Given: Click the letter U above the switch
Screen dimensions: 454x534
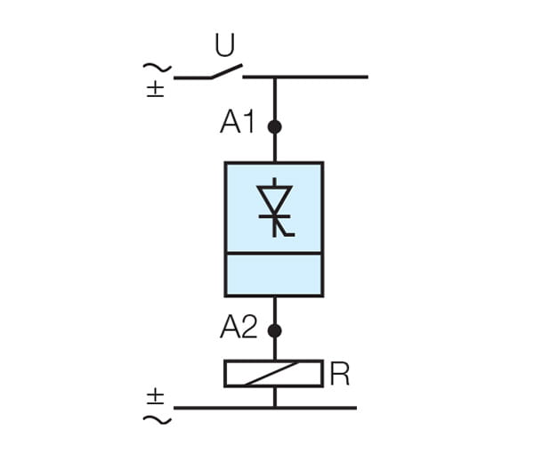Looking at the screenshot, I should (x=224, y=44).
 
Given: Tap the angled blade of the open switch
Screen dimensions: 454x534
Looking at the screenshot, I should (x=226, y=71).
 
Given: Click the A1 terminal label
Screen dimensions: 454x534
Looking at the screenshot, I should (x=238, y=124).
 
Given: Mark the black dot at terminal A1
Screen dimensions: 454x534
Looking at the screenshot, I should (x=274, y=126).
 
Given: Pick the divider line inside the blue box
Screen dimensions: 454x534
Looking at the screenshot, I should (x=274, y=254).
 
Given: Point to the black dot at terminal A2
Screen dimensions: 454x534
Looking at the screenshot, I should (x=274, y=330).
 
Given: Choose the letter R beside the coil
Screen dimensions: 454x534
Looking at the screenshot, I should (x=339, y=375).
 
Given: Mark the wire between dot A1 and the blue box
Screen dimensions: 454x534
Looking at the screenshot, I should (x=274, y=148).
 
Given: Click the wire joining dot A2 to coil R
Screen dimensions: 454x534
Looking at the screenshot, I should (x=274, y=348).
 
